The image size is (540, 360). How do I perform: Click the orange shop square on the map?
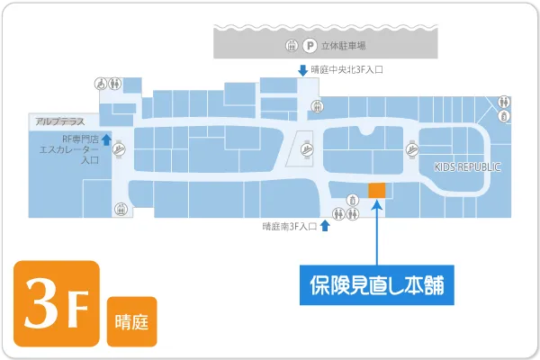click(x=376, y=190)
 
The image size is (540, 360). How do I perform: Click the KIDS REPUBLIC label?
click(x=467, y=168)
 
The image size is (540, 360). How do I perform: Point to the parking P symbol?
click(x=310, y=45)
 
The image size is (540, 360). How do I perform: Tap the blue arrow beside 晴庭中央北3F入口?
click(x=303, y=69)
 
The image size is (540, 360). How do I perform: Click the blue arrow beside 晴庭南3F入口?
click(x=324, y=227)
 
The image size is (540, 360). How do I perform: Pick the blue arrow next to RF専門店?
click(x=106, y=139)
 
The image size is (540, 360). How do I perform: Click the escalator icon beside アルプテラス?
click(x=119, y=154)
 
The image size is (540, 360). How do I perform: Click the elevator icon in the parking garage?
click(x=291, y=45)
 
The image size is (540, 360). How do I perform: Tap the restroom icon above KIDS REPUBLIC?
click(x=506, y=102)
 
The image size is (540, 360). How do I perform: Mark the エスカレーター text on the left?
click(x=67, y=149)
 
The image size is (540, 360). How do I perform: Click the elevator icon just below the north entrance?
click(x=317, y=105)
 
